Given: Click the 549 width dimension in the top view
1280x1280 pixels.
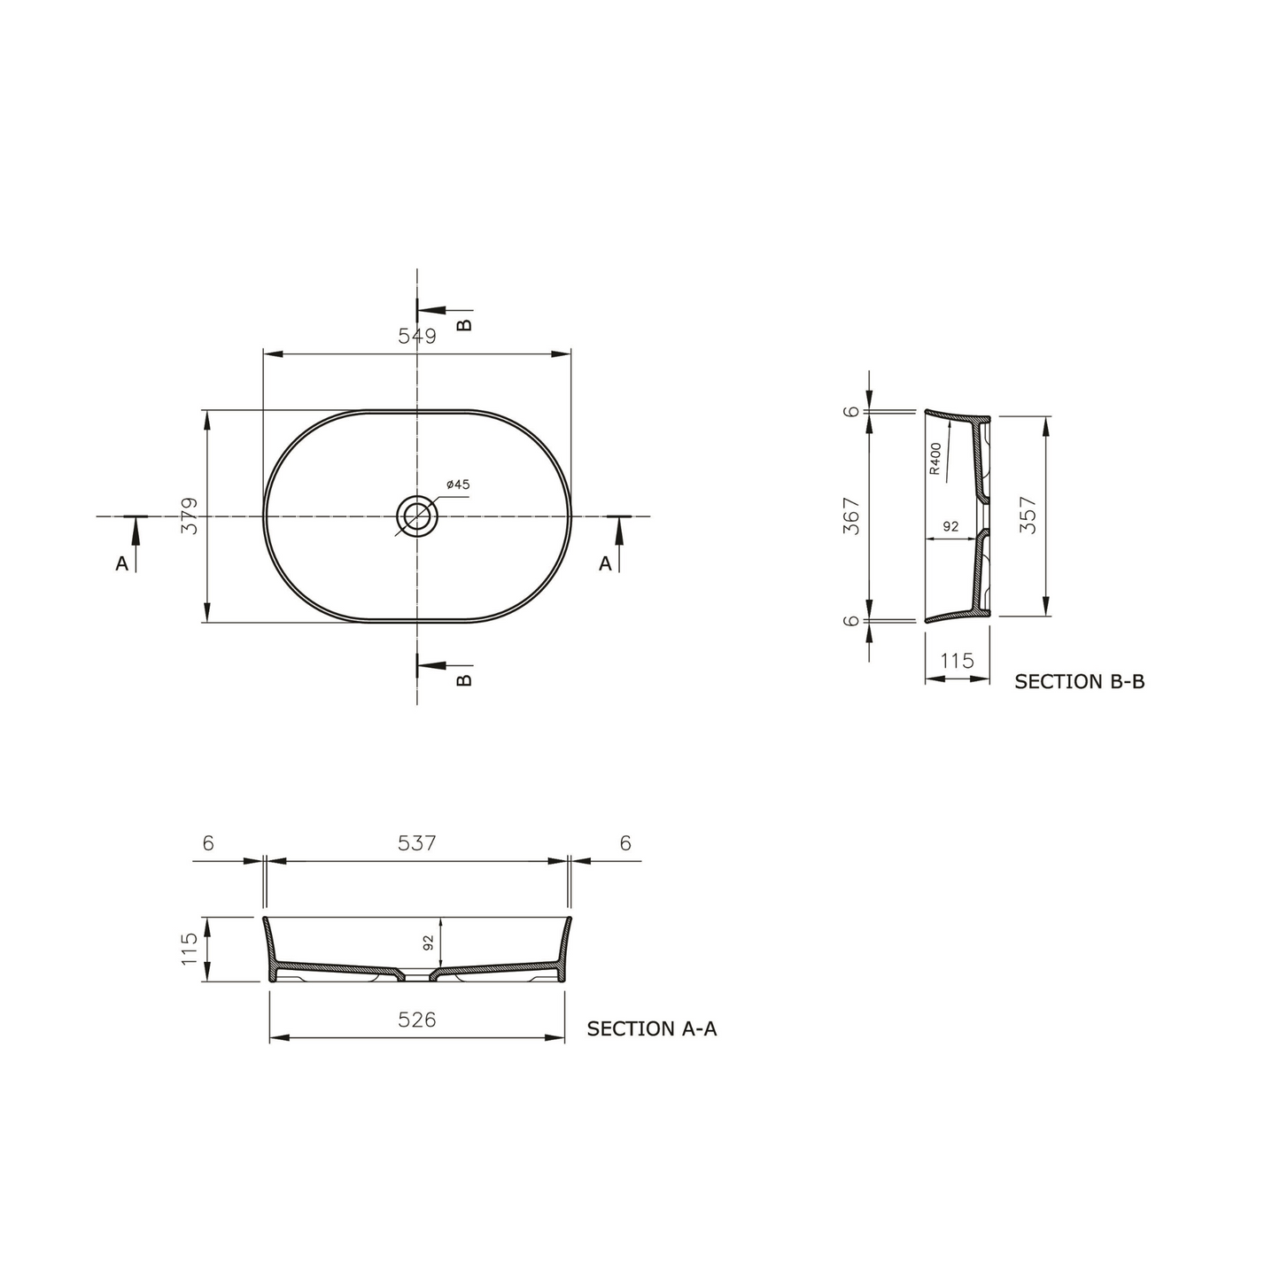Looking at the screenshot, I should (x=416, y=337).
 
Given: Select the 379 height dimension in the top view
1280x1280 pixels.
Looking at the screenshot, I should (x=189, y=516).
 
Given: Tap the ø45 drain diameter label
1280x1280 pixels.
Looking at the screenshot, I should (x=458, y=485).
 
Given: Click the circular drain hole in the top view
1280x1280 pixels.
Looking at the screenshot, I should (x=415, y=515).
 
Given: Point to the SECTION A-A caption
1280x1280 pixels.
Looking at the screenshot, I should (x=651, y=1028).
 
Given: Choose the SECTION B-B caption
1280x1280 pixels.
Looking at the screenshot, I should (x=1079, y=681).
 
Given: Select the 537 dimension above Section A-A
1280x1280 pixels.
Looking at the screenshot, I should (x=416, y=843).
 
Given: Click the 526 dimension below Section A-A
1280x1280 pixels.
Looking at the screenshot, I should (x=416, y=1020).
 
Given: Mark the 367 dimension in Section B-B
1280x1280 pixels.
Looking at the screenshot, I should (x=852, y=516).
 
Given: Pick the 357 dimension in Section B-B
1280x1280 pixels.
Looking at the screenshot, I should (x=1028, y=516).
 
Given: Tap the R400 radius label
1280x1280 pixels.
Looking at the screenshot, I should (x=935, y=459).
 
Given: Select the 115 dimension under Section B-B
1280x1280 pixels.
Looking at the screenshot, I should (x=957, y=661).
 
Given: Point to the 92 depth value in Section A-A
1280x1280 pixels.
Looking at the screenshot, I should (x=429, y=943).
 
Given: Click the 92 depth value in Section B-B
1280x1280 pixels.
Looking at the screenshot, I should (x=950, y=526).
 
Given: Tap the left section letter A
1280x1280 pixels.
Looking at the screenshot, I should (x=121, y=563).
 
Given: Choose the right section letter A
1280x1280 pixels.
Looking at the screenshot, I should (x=605, y=563).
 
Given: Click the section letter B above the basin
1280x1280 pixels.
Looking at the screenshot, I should (x=464, y=324).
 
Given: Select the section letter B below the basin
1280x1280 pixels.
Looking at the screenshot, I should (x=464, y=679).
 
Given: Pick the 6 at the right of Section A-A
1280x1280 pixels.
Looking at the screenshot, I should (x=625, y=843).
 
